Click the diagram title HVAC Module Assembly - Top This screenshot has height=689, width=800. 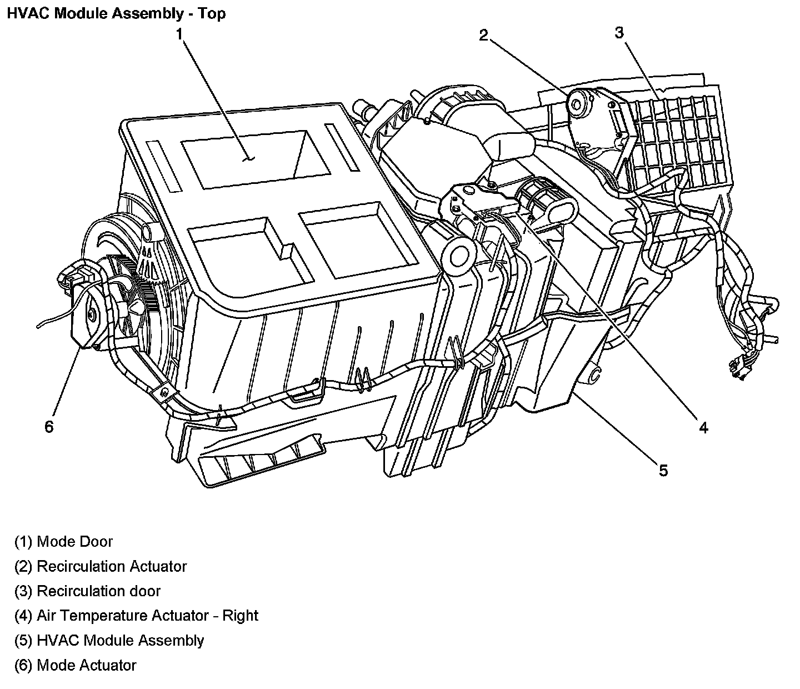(x=116, y=13)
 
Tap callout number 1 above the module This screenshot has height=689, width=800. (x=179, y=34)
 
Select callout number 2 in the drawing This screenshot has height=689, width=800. (x=484, y=36)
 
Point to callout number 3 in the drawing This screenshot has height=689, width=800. (x=619, y=33)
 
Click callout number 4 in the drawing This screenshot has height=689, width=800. (x=703, y=427)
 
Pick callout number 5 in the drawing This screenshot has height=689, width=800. (x=663, y=471)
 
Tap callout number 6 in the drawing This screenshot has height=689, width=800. (x=49, y=427)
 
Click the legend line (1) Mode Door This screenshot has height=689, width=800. (x=64, y=542)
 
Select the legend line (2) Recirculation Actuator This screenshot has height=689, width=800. (x=101, y=567)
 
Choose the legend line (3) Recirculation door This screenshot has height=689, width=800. (x=87, y=591)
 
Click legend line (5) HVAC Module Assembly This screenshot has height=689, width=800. (x=109, y=641)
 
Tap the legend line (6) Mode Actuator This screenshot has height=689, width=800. (x=76, y=665)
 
